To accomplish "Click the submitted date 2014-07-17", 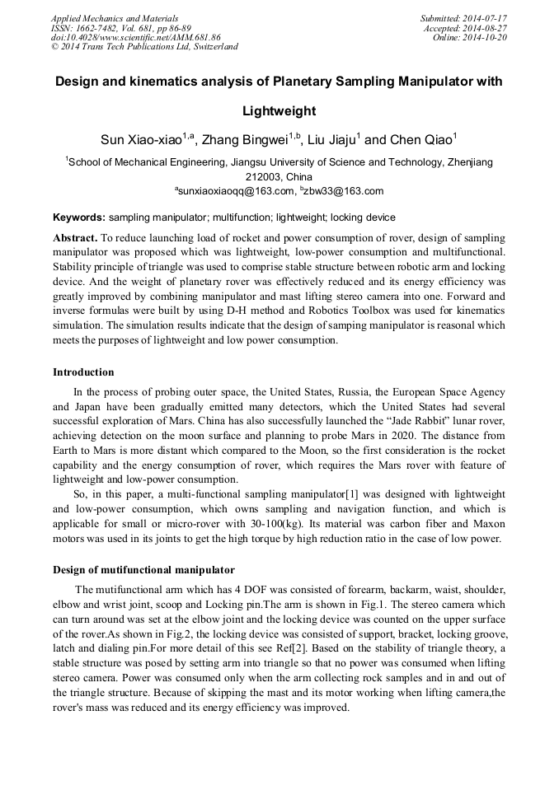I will click(484, 18).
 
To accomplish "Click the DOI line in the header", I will click(136, 37).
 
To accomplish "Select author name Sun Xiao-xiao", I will click(140, 140).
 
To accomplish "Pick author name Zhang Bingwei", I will click(248, 140).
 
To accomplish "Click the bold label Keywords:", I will click(79, 218).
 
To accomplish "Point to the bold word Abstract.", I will click(74, 236).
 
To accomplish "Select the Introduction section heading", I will click(83, 372).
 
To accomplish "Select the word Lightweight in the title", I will click(279, 110).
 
